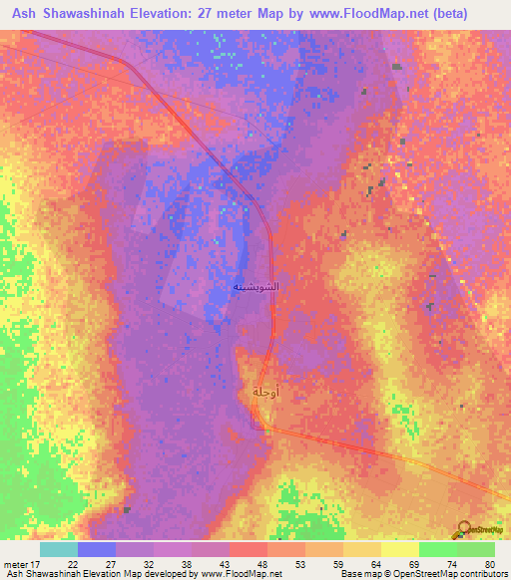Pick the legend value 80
(489, 564)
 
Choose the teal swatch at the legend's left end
(59, 549)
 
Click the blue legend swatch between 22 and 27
(97, 549)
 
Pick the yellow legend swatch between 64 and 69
(399, 549)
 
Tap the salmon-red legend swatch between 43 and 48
(249, 549)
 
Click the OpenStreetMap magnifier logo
(465, 529)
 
